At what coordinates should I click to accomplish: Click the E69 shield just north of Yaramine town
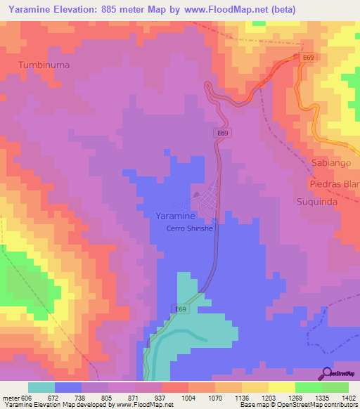pos(221,132)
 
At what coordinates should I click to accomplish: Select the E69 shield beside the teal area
pos(181,309)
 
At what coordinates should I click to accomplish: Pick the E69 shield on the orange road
pos(307,57)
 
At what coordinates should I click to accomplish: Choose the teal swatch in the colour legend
pos(41,387)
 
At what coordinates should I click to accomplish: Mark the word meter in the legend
pos(14,398)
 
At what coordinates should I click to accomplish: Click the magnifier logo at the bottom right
pos(326,373)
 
